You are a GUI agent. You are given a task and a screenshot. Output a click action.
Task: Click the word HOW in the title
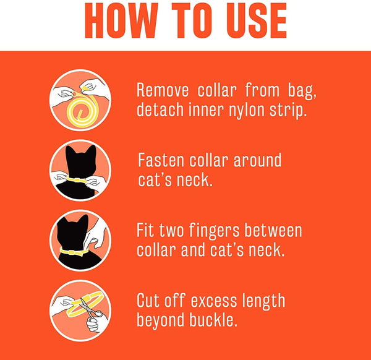click(x=121, y=20)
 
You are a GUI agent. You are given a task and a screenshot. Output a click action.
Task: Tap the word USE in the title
click(x=257, y=20)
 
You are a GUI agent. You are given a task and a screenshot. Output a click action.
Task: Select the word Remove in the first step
click(x=163, y=90)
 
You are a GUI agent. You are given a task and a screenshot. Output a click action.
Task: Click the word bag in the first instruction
click(x=302, y=91)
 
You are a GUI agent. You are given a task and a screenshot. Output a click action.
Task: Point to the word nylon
click(x=246, y=111)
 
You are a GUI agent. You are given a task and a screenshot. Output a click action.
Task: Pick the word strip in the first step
click(x=288, y=111)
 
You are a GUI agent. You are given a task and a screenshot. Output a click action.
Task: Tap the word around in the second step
click(x=257, y=160)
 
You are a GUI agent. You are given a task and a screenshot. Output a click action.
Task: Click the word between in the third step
click(x=273, y=230)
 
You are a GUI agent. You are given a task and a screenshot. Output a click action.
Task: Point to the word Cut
click(x=148, y=300)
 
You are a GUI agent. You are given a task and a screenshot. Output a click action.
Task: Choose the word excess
click(x=214, y=301)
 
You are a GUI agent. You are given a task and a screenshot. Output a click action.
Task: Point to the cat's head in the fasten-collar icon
click(x=81, y=161)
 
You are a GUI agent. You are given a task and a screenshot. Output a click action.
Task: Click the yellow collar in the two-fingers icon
click(x=73, y=252)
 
